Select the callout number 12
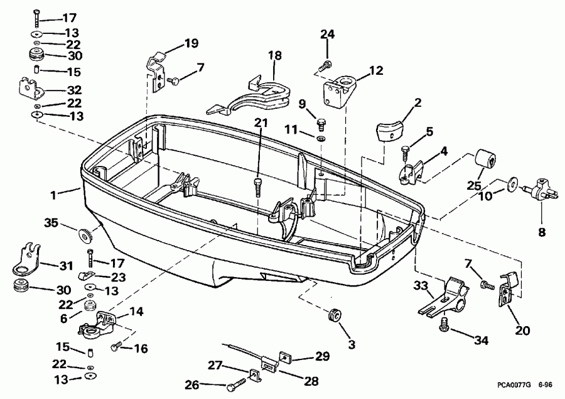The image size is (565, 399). [376, 71]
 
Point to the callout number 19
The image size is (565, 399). [191, 43]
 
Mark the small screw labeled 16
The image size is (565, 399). [116, 346]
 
